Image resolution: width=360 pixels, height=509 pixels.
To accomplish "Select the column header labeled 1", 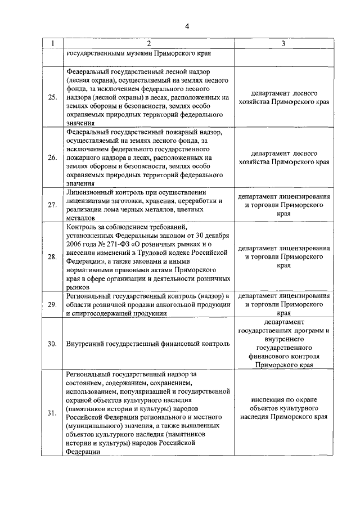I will (x=52, y=44).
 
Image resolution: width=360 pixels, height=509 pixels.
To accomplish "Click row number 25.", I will (x=52, y=97).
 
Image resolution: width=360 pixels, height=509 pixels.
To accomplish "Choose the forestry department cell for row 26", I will (x=283, y=157).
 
